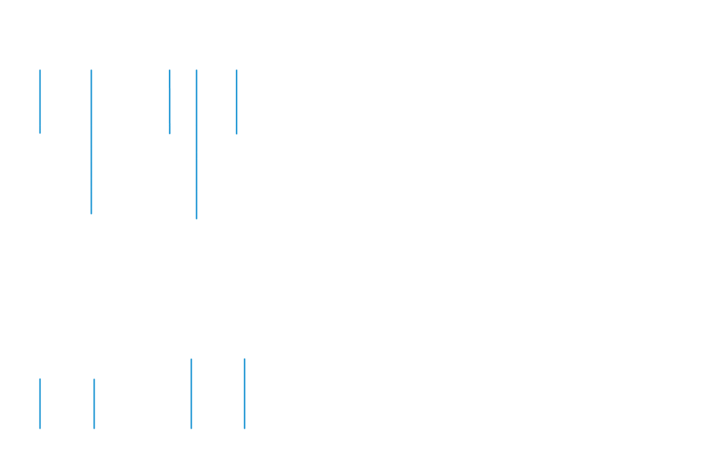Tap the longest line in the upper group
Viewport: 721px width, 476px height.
tap(196, 144)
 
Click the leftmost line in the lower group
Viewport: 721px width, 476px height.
tap(40, 403)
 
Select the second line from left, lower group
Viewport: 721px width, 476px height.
tap(94, 403)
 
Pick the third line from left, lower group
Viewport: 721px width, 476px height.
tap(191, 394)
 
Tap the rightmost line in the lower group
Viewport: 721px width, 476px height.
tap(245, 394)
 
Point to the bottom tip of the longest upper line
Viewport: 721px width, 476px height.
tap(196, 219)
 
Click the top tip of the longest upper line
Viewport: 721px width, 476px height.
tap(196, 70)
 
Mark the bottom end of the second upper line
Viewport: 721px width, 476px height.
tap(91, 213)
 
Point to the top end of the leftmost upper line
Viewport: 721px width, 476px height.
tap(40, 70)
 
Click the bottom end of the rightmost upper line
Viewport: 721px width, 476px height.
tap(236, 133)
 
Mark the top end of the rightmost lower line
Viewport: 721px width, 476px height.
tap(245, 359)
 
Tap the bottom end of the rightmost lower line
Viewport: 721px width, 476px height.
tap(245, 429)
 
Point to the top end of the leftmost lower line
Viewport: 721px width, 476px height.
tap(40, 379)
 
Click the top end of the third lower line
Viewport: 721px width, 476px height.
tap(191, 359)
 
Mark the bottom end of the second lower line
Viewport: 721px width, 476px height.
tap(94, 429)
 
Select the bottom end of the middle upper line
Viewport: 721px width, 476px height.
tap(170, 133)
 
